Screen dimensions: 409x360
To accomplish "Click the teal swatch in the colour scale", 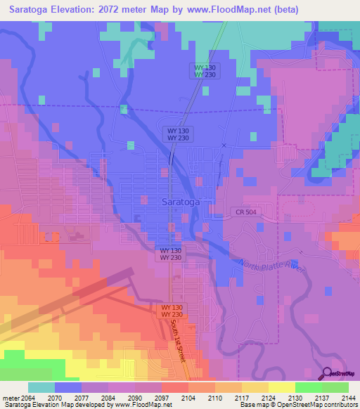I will click(41, 387).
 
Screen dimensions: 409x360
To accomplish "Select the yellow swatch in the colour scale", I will click(281, 387).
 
